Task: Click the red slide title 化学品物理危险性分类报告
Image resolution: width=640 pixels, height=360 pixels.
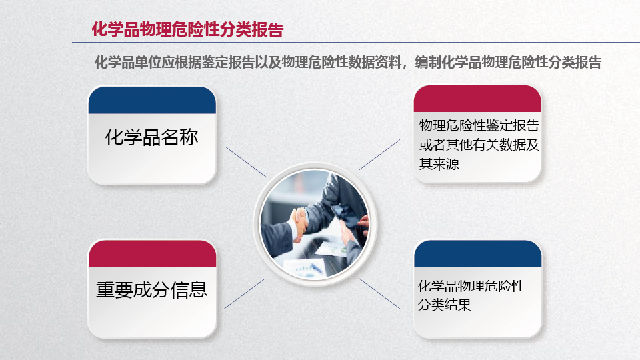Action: click(187, 30)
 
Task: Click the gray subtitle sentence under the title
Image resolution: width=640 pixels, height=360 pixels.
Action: click(348, 63)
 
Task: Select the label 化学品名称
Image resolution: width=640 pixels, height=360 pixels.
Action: click(152, 137)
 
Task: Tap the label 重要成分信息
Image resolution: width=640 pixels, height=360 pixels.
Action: click(152, 290)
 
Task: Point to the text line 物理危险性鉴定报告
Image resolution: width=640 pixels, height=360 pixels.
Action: click(479, 125)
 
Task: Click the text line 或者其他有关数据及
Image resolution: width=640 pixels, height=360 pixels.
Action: click(479, 145)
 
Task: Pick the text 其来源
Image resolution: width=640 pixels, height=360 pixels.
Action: click(439, 164)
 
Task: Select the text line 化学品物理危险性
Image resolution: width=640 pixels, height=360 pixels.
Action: click(471, 286)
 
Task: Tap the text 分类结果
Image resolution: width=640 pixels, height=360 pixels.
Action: click(445, 305)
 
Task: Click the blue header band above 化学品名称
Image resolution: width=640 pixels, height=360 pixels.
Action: click(152, 100)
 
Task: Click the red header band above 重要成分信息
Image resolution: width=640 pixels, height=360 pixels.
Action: click(152, 254)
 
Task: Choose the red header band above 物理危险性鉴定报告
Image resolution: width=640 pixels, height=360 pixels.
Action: click(477, 99)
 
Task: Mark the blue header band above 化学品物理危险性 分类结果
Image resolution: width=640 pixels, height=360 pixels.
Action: click(478, 254)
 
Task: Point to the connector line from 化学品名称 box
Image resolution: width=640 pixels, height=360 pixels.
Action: click(246, 162)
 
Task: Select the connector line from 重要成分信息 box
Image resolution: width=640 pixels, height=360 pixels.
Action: click(245, 293)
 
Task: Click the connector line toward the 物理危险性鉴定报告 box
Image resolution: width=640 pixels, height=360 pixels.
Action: click(379, 155)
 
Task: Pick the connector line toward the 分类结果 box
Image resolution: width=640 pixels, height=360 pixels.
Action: click(379, 293)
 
